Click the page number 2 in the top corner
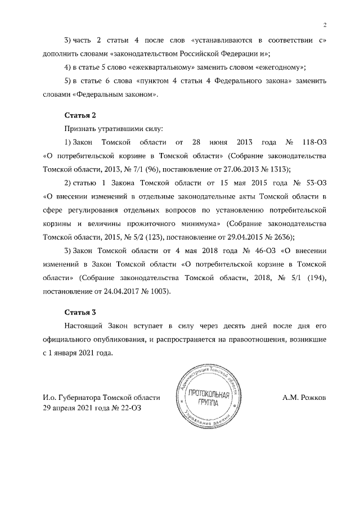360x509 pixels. [325, 25]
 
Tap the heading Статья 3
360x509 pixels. [81, 312]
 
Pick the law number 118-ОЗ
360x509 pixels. [314, 142]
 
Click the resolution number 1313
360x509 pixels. [277, 169]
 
